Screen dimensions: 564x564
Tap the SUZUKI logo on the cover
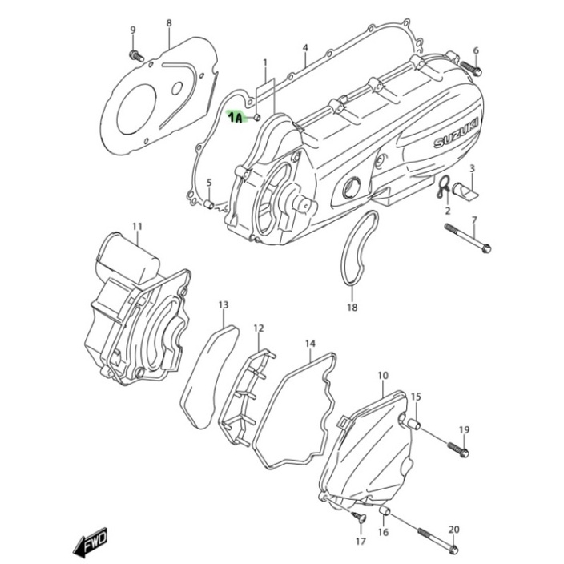point(457,132)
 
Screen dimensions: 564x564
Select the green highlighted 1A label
point(236,117)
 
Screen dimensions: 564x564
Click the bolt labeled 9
point(136,56)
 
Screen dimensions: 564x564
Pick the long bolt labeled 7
point(468,238)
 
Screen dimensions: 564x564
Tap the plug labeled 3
point(465,191)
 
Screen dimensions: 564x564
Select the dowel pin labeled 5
point(209,204)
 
